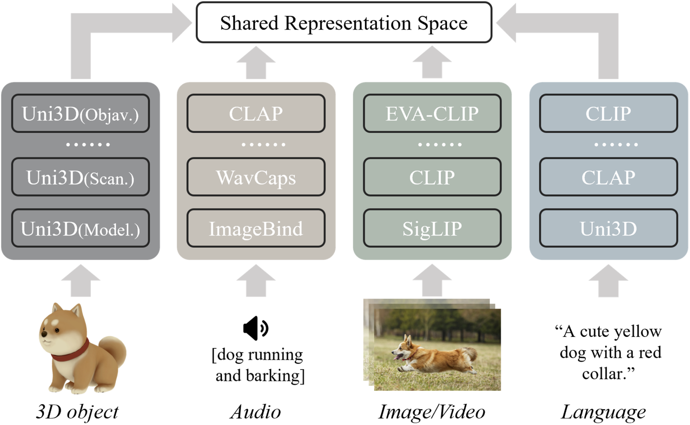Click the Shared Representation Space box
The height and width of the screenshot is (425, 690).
pyautogui.click(x=344, y=23)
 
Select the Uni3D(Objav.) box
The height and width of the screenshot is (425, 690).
pyautogui.click(x=80, y=114)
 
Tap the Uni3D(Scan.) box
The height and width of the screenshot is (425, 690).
pyautogui.click(x=80, y=177)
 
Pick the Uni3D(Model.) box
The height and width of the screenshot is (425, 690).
pyautogui.click(x=80, y=229)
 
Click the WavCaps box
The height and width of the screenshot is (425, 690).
pyautogui.click(x=256, y=177)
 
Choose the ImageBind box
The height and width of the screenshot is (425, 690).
pyautogui.click(x=256, y=229)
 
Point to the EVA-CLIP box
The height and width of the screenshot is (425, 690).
pyautogui.click(x=432, y=114)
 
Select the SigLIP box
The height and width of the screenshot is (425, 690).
pyautogui.click(x=432, y=229)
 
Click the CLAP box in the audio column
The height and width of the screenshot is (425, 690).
pyautogui.click(x=256, y=114)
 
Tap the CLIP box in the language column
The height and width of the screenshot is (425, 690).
pyautogui.click(x=608, y=114)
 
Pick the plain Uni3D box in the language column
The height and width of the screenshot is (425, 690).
pyautogui.click(x=608, y=229)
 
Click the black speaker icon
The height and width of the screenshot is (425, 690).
pyautogui.click(x=255, y=328)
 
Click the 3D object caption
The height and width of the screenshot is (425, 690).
pyautogui.click(x=77, y=412)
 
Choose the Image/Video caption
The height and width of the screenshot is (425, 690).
pyautogui.click(x=432, y=412)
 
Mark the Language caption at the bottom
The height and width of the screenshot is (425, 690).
pyautogui.click(x=604, y=412)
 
